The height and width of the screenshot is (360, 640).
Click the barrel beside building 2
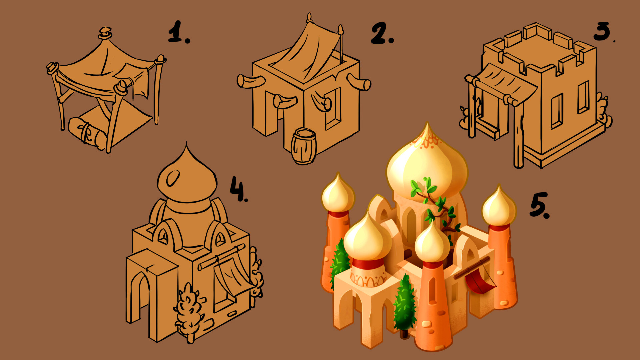click(x=303, y=146)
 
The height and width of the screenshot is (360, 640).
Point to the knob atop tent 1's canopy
click(x=105, y=33)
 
